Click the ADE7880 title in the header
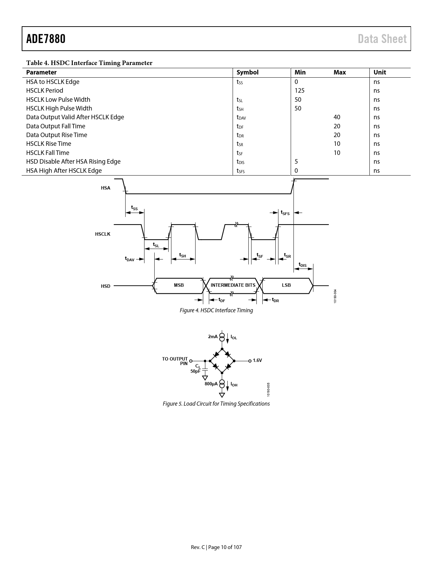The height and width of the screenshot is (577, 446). (46, 39)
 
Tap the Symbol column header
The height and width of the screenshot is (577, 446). (247, 72)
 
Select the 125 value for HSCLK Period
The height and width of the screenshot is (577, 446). (299, 91)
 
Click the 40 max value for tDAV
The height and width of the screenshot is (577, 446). (337, 117)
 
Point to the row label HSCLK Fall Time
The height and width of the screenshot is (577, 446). (48, 153)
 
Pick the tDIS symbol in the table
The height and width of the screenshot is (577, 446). (240, 162)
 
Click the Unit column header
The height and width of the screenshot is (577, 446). (380, 72)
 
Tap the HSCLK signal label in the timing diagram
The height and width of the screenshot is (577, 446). (102, 234)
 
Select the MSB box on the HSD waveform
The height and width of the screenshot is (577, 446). (179, 286)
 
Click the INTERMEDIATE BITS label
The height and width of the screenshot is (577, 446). (233, 285)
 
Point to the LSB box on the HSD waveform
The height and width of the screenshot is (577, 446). (286, 286)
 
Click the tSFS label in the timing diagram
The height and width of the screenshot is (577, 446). (285, 213)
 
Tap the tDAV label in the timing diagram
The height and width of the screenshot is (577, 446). (130, 259)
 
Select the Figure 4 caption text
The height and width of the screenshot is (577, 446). (216, 310)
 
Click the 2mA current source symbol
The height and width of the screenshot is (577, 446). (222, 337)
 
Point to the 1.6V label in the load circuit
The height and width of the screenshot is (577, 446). (257, 360)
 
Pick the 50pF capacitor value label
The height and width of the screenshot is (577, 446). (195, 371)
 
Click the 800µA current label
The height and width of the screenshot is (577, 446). (211, 384)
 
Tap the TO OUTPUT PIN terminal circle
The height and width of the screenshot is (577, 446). (191, 361)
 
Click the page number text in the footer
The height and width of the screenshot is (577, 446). (216, 547)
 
